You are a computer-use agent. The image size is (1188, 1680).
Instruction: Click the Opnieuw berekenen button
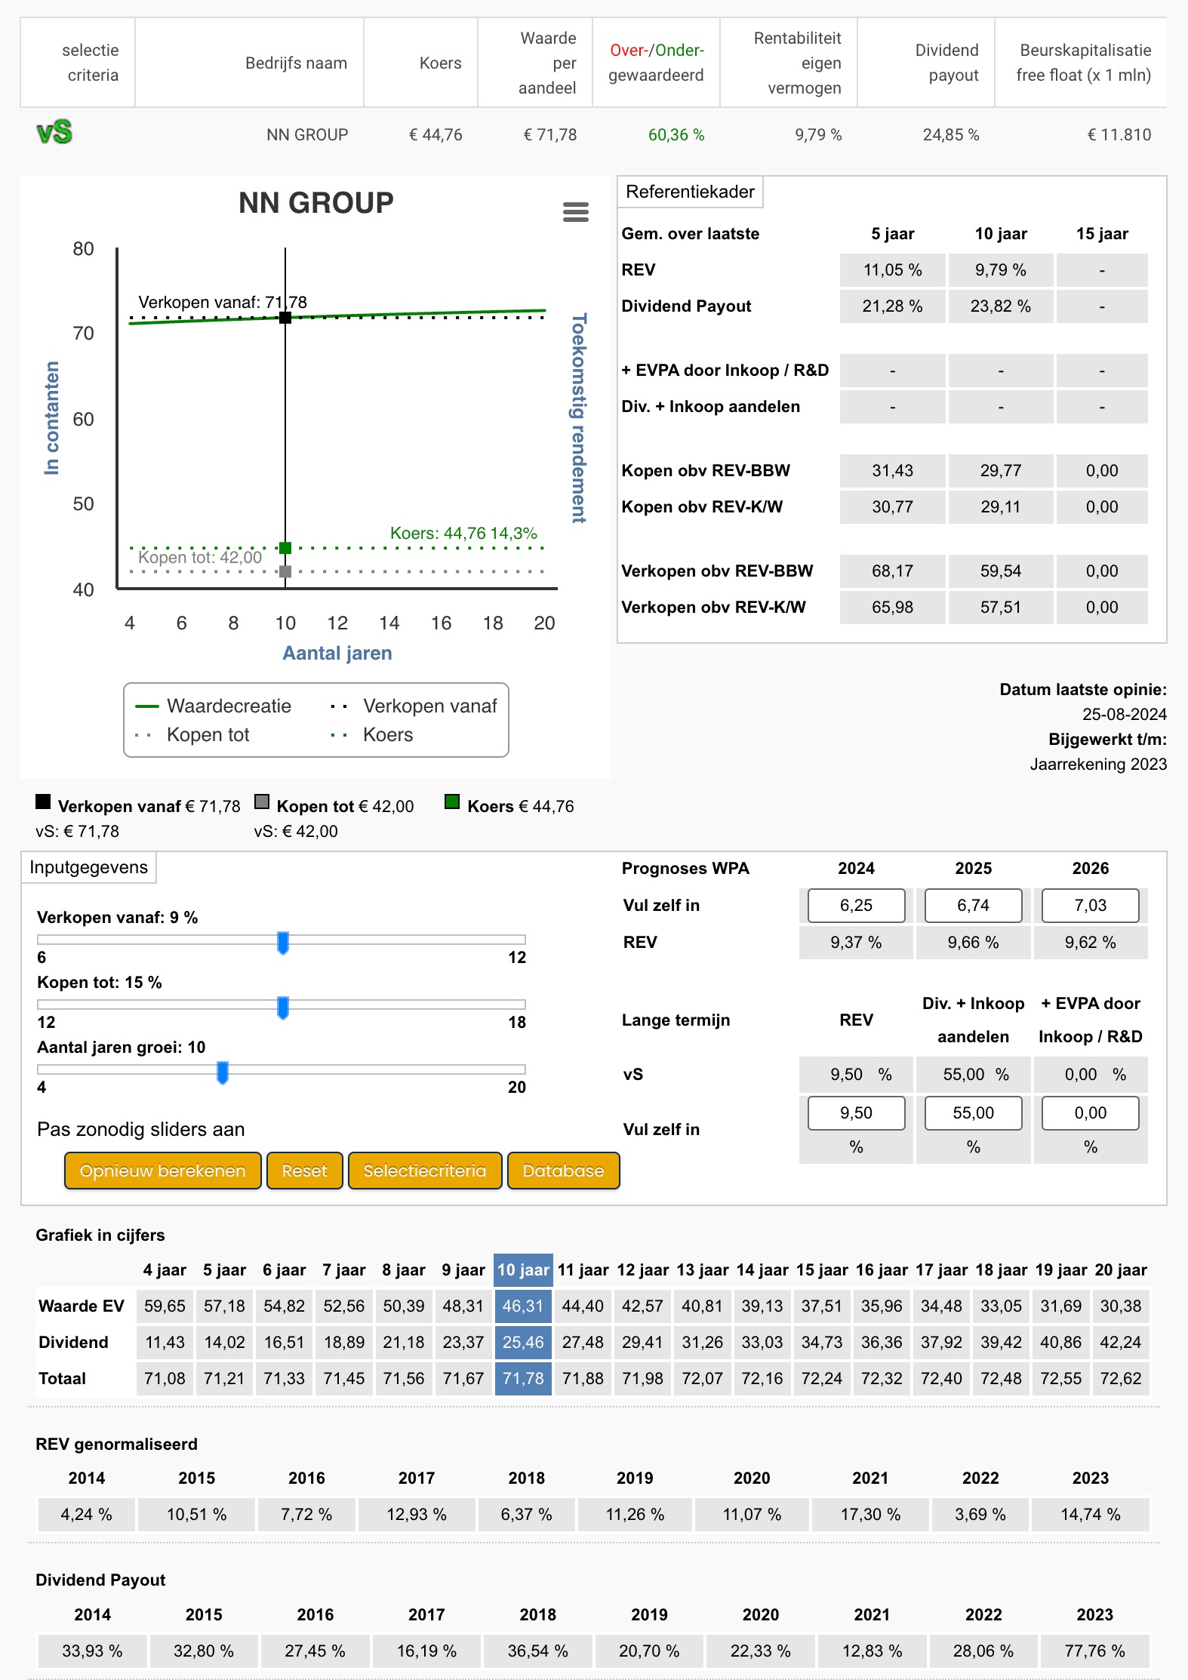coord(163,1171)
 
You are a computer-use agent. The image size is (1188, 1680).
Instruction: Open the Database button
coord(563,1171)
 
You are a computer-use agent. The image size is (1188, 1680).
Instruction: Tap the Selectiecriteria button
coord(425,1171)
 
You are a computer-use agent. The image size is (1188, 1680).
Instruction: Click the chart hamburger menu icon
coord(576,212)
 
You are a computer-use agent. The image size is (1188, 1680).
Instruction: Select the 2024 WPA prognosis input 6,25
coord(856,905)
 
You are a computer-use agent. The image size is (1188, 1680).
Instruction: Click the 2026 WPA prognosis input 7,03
coord(1091,905)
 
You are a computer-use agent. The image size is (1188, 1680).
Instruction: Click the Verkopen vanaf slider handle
coord(283,942)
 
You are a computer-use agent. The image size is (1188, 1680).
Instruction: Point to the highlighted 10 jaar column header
coord(523,1270)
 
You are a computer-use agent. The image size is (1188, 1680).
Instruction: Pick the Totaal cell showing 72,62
coord(1121,1378)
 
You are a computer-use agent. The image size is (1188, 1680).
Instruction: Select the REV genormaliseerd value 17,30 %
coord(870,1514)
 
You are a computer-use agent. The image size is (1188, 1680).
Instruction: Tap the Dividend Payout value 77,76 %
coord(1094,1651)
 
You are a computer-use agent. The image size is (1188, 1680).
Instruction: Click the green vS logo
coord(54,132)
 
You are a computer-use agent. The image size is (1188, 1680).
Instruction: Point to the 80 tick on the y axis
coord(83,249)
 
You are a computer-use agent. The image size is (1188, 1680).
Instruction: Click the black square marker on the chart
coord(285,318)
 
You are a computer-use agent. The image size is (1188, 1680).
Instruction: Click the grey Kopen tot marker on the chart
coord(285,571)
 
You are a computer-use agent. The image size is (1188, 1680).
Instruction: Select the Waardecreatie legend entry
coord(213,706)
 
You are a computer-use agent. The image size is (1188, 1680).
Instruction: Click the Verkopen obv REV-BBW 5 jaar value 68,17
coord(892,571)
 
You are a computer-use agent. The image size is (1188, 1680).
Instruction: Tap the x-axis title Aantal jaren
coord(337,653)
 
